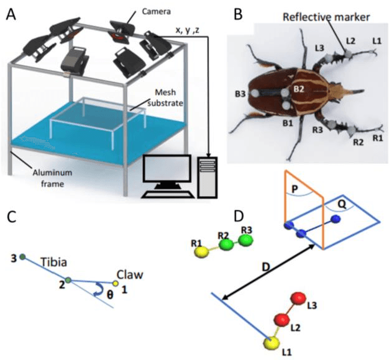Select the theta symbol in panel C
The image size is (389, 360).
point(111,295)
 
